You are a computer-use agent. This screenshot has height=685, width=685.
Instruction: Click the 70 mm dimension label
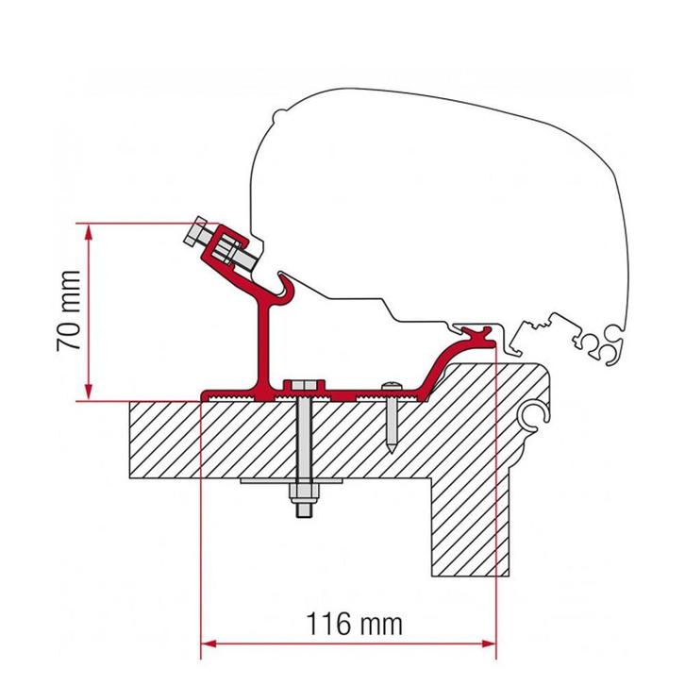[68, 311]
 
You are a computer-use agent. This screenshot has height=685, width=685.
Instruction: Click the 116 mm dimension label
[355, 625]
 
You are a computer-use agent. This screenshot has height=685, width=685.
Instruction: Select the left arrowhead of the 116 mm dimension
[209, 645]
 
